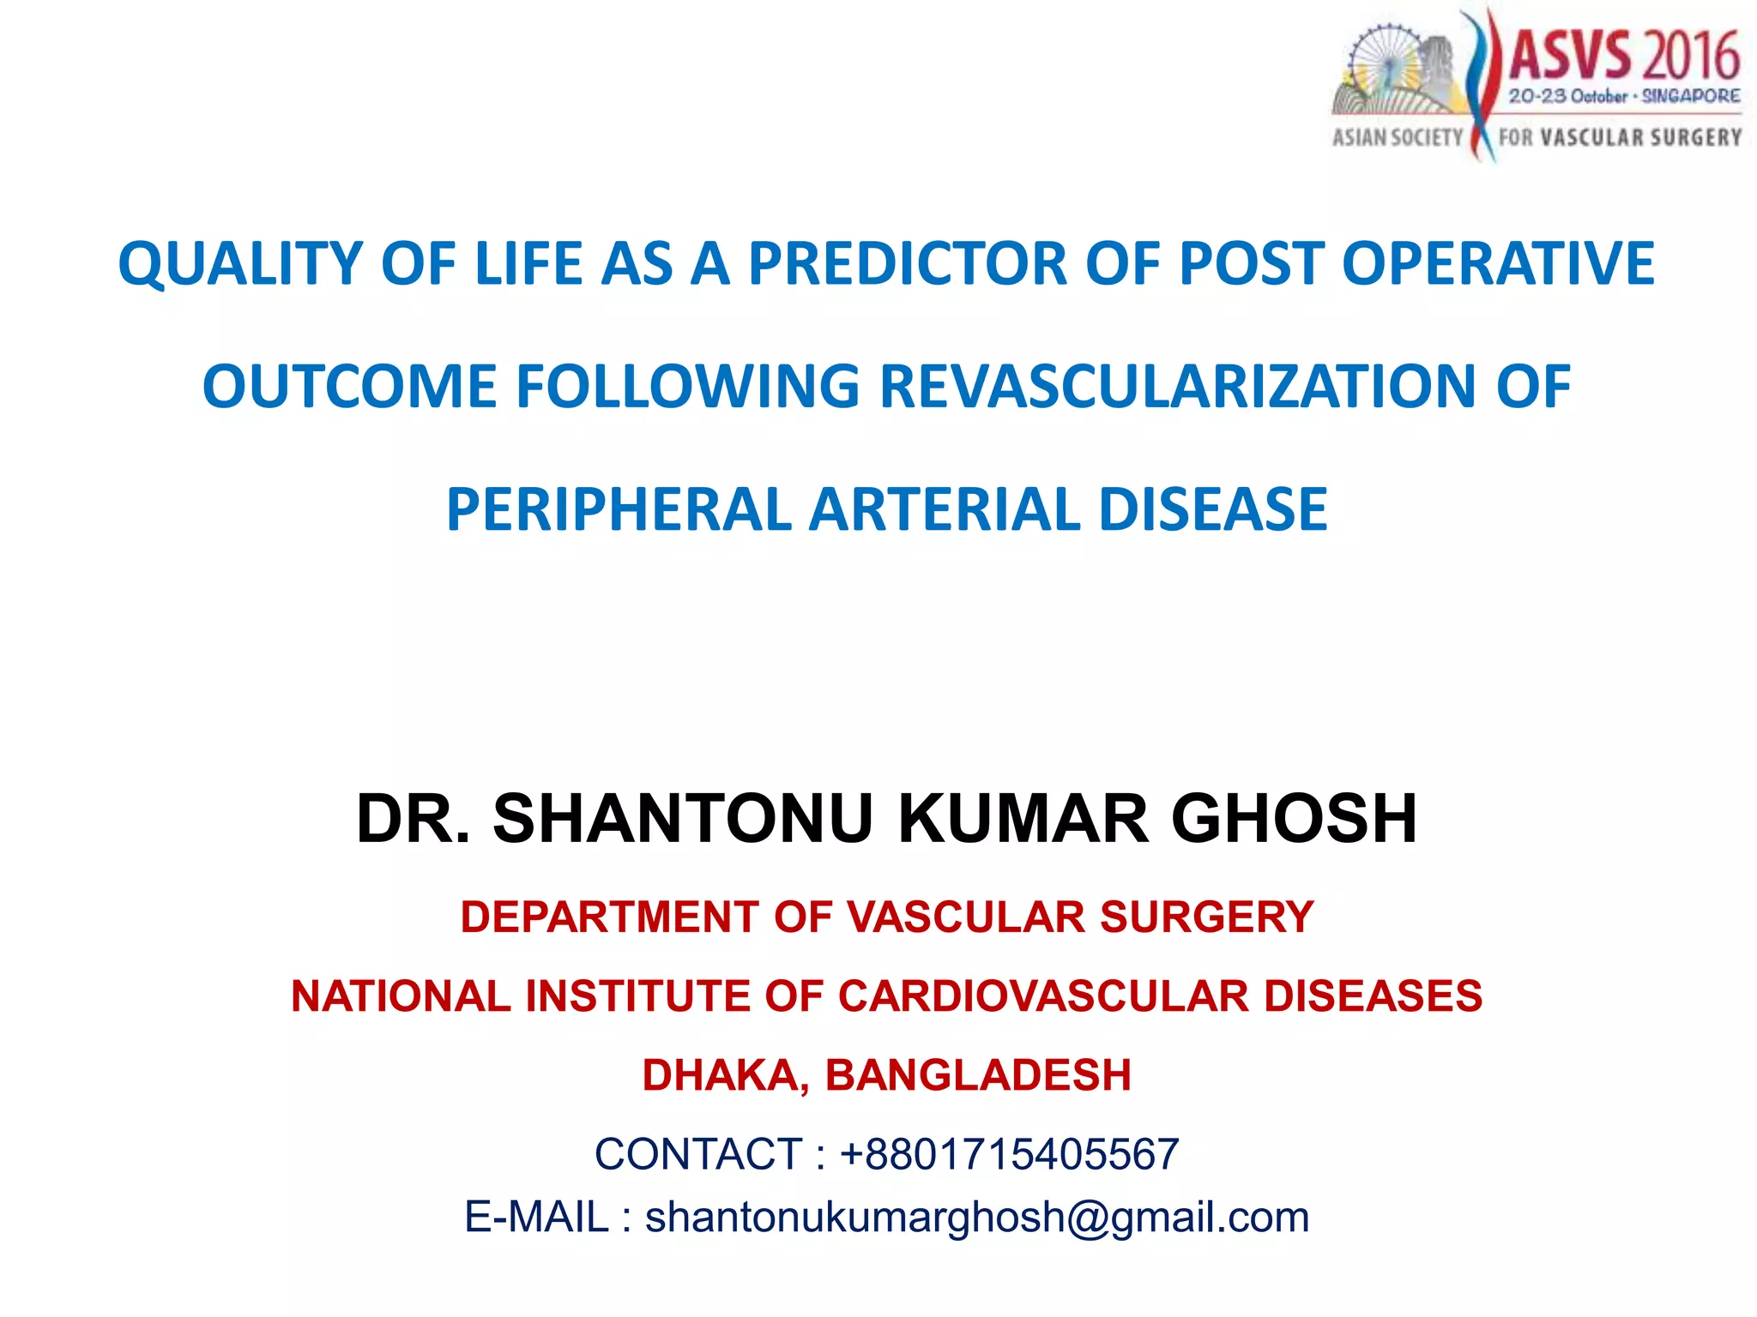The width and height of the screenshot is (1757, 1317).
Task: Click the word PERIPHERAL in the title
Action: [619, 510]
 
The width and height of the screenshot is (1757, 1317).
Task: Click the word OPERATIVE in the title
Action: [1497, 263]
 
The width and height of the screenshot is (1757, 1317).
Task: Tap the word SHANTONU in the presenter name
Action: [683, 819]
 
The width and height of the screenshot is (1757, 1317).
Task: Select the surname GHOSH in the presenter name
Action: [1294, 819]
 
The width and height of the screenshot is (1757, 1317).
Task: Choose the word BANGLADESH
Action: [978, 1075]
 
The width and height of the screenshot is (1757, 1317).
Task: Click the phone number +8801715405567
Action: [1009, 1154]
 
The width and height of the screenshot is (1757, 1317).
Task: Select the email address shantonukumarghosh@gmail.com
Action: [977, 1218]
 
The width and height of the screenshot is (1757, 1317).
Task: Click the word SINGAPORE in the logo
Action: [1690, 97]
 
